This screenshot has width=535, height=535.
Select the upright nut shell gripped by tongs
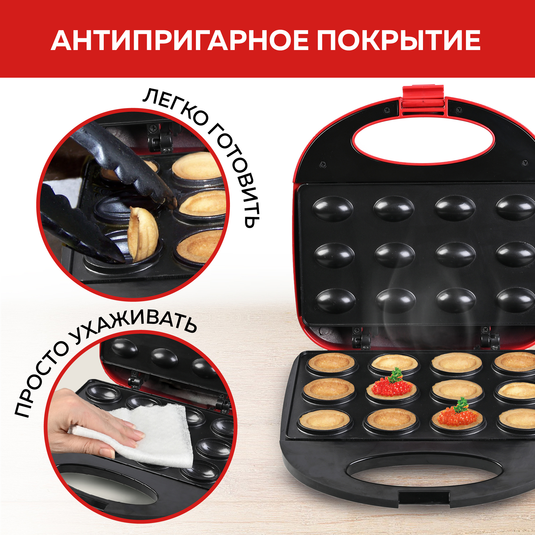pyautogui.click(x=143, y=235)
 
